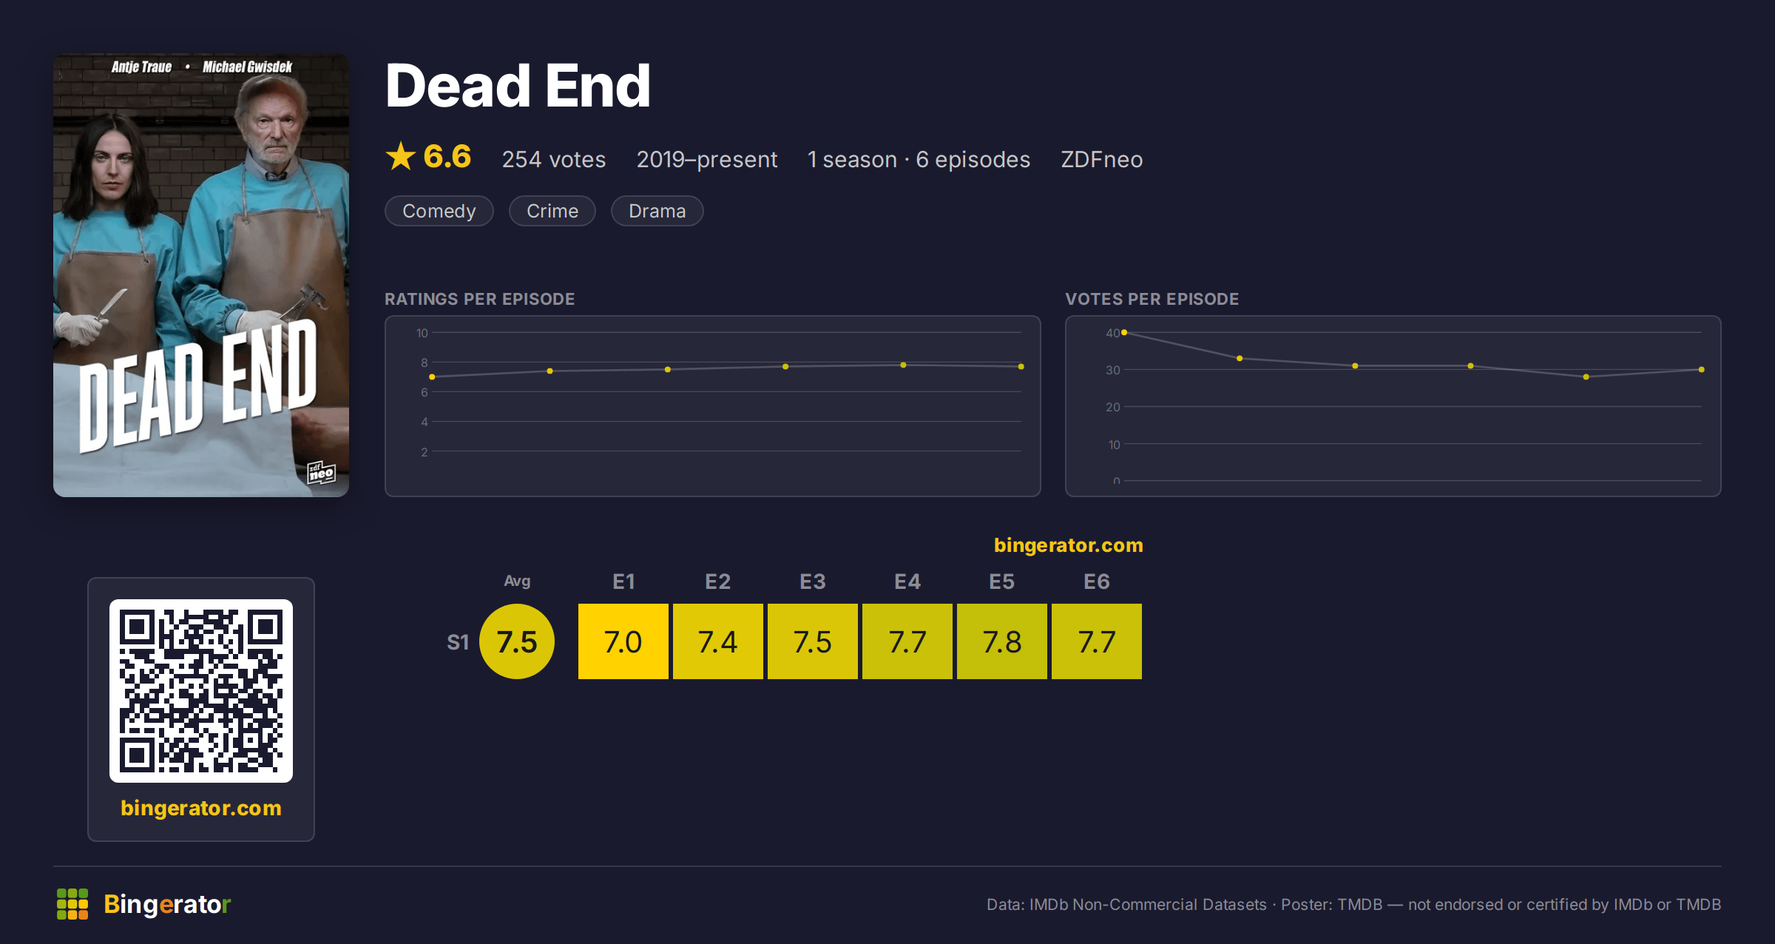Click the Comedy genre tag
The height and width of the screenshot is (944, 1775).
coord(439,211)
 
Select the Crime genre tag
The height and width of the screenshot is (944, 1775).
coord(552,211)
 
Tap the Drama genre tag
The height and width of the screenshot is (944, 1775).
coord(657,211)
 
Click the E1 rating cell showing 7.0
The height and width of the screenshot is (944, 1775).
coord(623,641)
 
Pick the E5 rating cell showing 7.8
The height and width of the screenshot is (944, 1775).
coord(1001,641)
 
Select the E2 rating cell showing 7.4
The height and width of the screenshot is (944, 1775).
coord(717,641)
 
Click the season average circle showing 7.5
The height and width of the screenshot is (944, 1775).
coord(517,641)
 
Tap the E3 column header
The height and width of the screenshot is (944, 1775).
coord(812,581)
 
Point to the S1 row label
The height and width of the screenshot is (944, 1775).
coord(458,642)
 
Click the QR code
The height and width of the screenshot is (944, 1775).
coord(201,691)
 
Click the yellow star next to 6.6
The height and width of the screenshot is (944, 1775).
coord(401,156)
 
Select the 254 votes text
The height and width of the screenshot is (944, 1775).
coord(554,159)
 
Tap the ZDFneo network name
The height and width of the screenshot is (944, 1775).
coord(1102,159)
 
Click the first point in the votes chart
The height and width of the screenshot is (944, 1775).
coord(1124,332)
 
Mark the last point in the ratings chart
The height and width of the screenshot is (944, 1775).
coord(1021,366)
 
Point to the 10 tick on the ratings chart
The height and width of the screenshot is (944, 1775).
coord(422,333)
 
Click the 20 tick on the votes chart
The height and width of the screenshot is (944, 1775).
coord(1113,407)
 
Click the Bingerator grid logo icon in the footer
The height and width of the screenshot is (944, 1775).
coord(72,904)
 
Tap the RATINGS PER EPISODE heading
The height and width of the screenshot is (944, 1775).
coord(479,299)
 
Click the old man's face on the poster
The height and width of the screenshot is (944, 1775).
coord(272,133)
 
